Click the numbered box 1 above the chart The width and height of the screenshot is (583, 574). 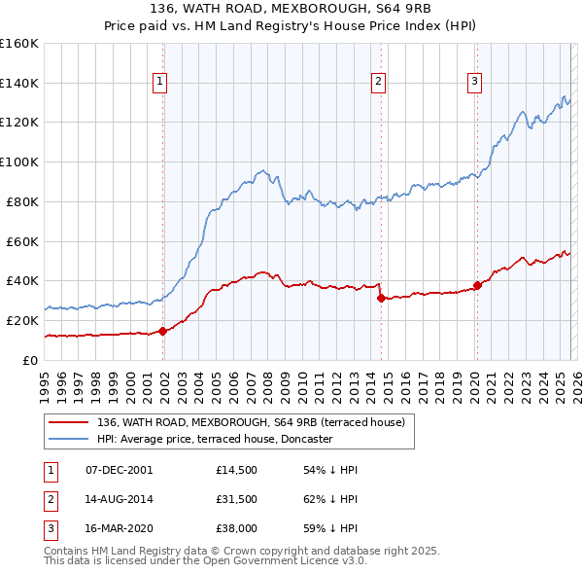(x=159, y=83)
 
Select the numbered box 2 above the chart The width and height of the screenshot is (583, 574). (x=378, y=83)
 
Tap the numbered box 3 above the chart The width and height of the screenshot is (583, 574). (x=474, y=83)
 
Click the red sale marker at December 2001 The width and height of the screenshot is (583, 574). (x=162, y=331)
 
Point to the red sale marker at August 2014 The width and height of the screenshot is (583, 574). (x=381, y=298)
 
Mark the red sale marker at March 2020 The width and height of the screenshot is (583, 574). (x=477, y=285)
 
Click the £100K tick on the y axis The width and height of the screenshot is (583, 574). (x=21, y=161)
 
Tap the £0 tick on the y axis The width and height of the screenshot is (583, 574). (x=31, y=360)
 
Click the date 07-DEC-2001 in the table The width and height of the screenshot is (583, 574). (x=119, y=470)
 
